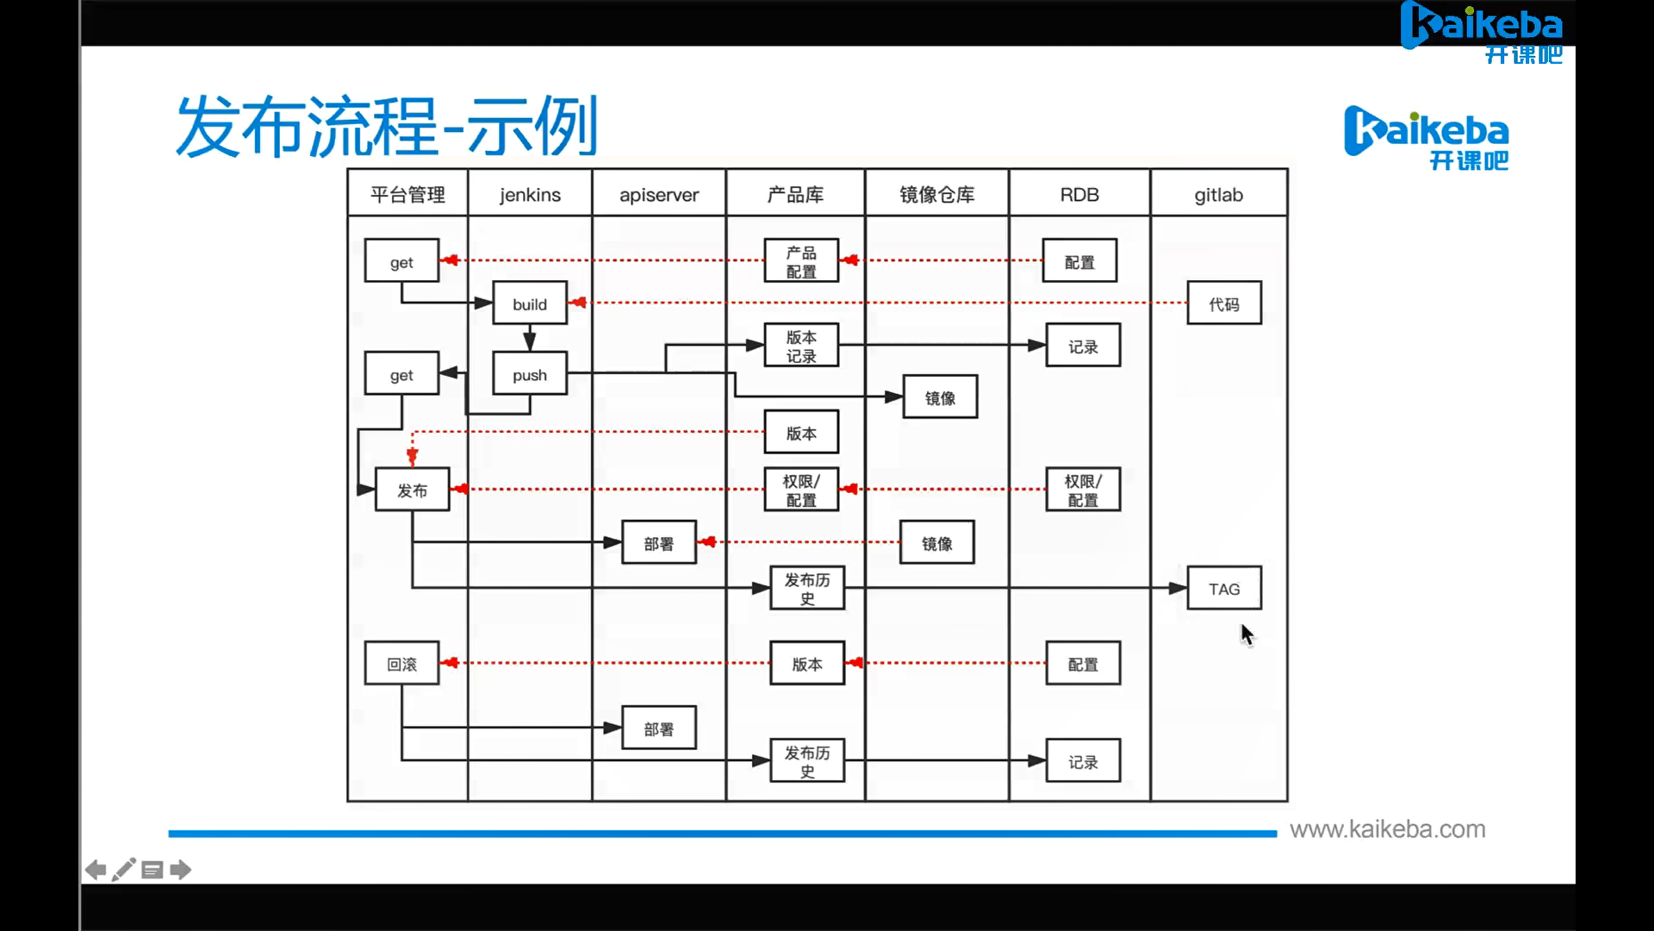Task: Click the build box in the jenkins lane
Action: pos(530,303)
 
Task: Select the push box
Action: pos(530,374)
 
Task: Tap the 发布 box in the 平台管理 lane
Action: pos(412,490)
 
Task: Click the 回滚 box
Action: pos(401,664)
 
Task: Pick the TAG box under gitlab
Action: pos(1224,589)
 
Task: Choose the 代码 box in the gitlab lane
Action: pos(1224,303)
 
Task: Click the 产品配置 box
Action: pos(801,261)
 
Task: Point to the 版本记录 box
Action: pos(801,346)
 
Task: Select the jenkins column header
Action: pos(530,195)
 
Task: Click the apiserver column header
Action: pos(659,195)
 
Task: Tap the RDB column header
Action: pos(1079,195)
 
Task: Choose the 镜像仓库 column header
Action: pos(937,195)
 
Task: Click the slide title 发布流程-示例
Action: pos(387,127)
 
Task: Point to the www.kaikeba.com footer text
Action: pos(1387,829)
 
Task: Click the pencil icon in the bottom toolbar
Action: pos(124,869)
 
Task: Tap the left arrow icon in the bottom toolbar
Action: pos(96,870)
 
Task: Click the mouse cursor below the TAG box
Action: pos(1247,634)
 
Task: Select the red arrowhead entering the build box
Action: pos(578,303)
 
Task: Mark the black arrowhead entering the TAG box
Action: pos(1178,589)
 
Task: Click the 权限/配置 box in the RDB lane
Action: pos(1083,490)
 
